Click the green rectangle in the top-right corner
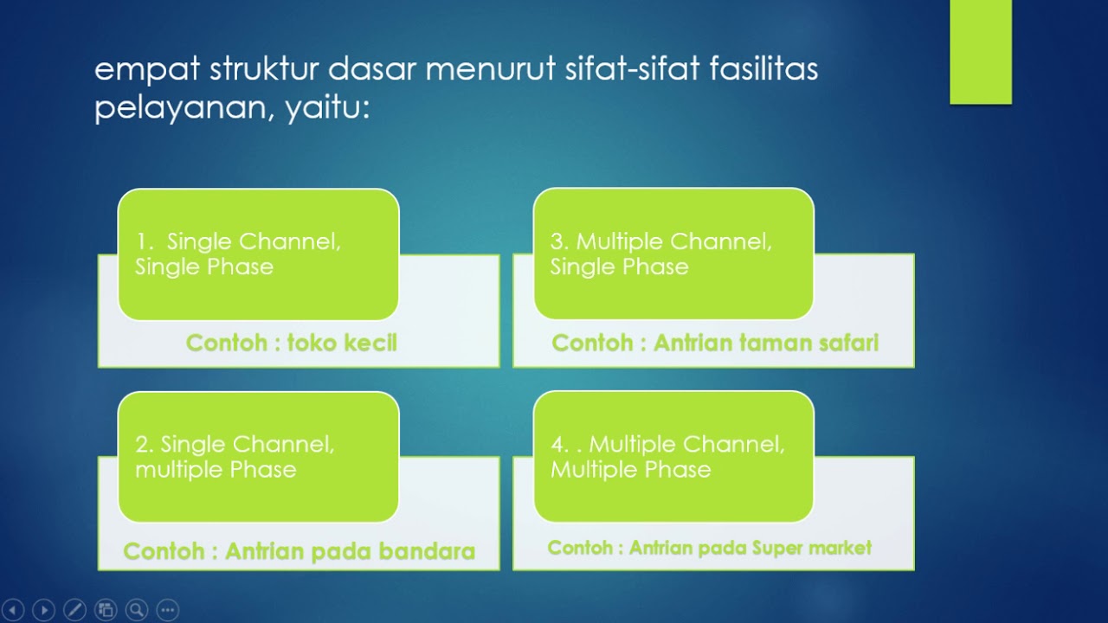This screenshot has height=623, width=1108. coord(980,52)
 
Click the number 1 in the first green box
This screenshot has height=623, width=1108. coord(140,242)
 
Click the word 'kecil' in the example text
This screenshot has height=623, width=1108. coord(370,343)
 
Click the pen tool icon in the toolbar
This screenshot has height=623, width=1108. coord(74,609)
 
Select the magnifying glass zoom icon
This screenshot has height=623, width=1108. coord(136,609)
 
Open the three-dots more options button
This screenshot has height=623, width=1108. coord(167,609)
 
